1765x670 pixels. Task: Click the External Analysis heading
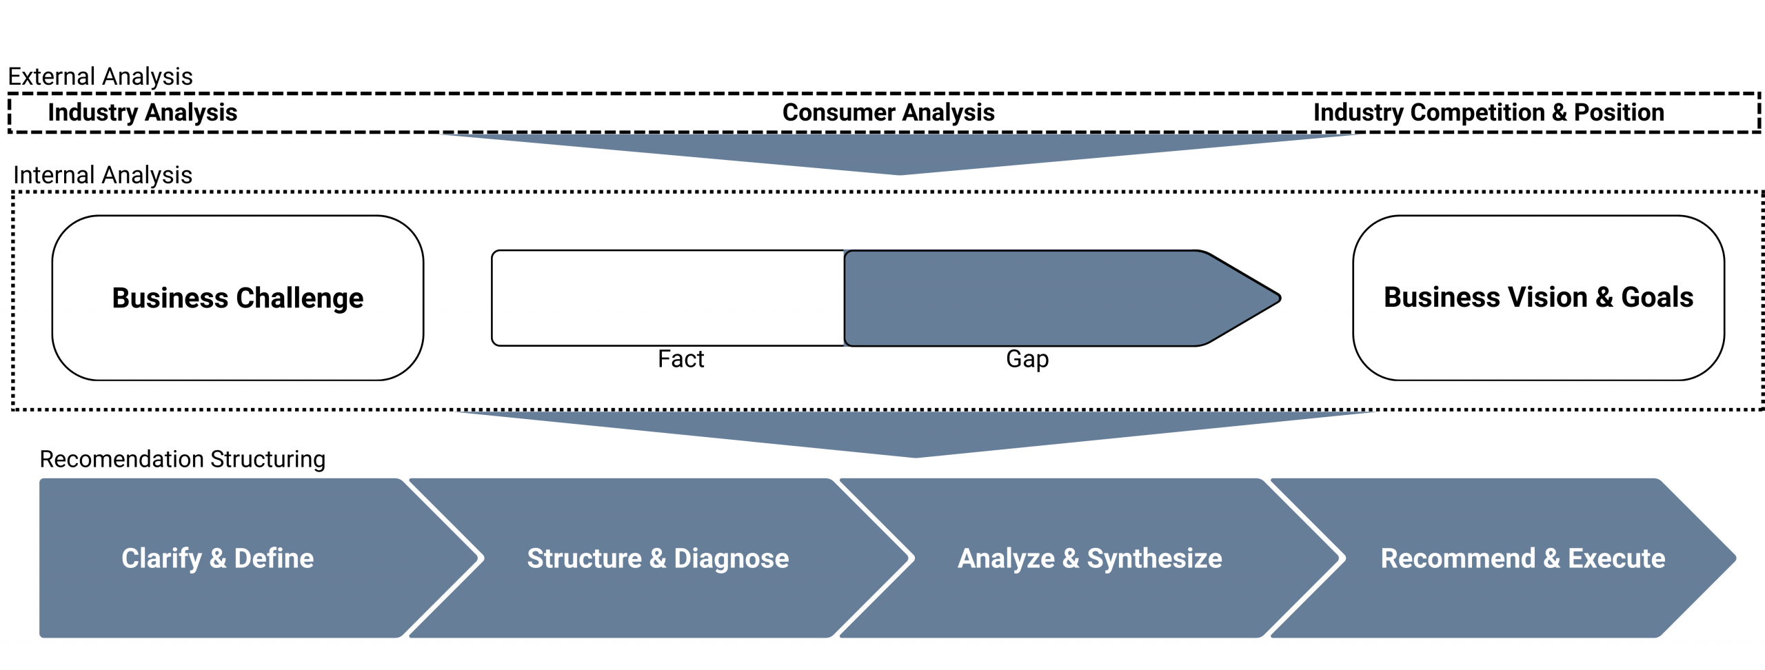click(100, 77)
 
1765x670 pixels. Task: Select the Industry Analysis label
click(142, 112)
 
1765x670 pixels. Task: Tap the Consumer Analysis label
click(888, 112)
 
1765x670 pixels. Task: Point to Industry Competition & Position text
click(1488, 112)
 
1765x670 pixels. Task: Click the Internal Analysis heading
click(103, 175)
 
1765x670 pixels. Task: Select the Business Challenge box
click(238, 298)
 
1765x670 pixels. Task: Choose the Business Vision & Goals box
click(1538, 298)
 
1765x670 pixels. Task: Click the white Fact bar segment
click(667, 298)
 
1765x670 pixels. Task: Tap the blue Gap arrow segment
click(1034, 298)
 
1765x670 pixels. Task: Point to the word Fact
click(680, 359)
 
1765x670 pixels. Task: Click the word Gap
click(1027, 359)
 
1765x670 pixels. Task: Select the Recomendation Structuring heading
click(182, 459)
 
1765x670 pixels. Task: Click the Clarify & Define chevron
click(218, 558)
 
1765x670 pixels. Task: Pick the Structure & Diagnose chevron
click(658, 558)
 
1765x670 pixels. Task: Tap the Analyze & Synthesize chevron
click(1089, 558)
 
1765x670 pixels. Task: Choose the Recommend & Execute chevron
click(1522, 558)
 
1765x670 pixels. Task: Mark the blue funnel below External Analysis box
click(900, 153)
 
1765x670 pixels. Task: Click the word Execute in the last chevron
click(1616, 558)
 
